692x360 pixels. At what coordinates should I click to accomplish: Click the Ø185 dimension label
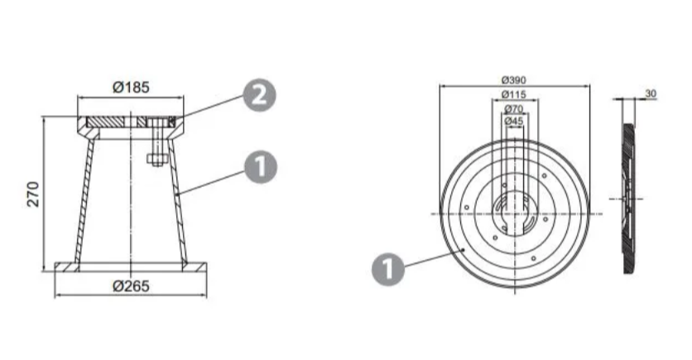pos(131,87)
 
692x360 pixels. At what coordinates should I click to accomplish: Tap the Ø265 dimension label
pos(131,286)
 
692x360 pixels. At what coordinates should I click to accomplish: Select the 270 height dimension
pos(34,194)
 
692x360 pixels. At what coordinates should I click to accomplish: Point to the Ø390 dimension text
pos(514,79)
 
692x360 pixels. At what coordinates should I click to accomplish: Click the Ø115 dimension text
pos(514,94)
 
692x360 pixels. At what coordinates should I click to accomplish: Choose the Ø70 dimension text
pos(514,108)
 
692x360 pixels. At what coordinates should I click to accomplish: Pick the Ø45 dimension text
pos(514,121)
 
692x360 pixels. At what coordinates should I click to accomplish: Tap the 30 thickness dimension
pos(651,94)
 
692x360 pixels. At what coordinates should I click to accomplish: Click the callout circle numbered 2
pos(260,95)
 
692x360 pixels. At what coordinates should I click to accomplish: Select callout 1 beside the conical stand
pos(261,167)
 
